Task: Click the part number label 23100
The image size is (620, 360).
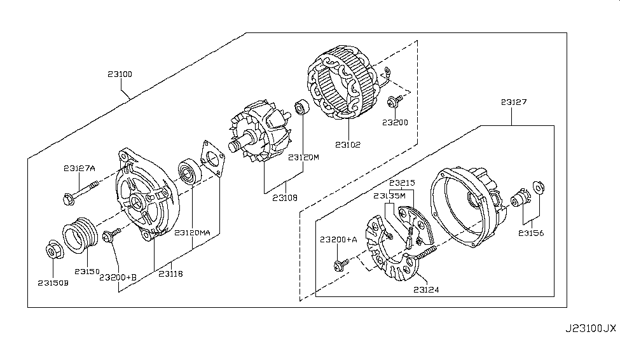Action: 120,74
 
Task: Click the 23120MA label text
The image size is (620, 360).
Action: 192,233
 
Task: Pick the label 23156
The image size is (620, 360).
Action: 532,233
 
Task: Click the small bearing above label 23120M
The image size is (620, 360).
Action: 301,109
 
